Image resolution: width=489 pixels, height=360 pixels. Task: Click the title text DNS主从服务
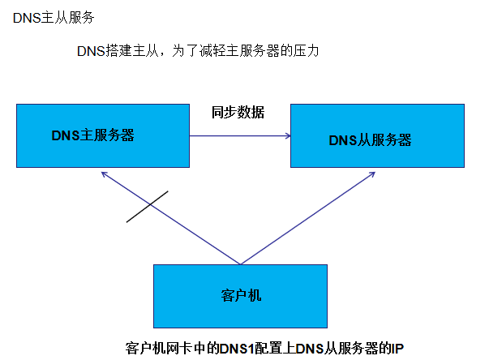coord(48,17)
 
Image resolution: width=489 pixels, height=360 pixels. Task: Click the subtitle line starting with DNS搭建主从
coord(199,52)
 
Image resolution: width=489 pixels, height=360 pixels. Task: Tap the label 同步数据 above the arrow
coord(238,112)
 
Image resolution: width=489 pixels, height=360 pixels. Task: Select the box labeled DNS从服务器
coord(378,158)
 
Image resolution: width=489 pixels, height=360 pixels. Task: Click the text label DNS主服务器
coord(92,135)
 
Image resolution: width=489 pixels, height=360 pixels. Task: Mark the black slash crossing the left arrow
coord(147,206)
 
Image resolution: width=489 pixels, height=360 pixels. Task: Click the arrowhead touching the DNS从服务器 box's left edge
coord(288,136)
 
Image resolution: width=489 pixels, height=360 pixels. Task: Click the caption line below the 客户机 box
coord(264,348)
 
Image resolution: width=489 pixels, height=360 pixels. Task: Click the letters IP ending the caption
coord(397,348)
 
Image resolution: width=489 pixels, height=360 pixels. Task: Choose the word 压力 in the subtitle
coord(307,52)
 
